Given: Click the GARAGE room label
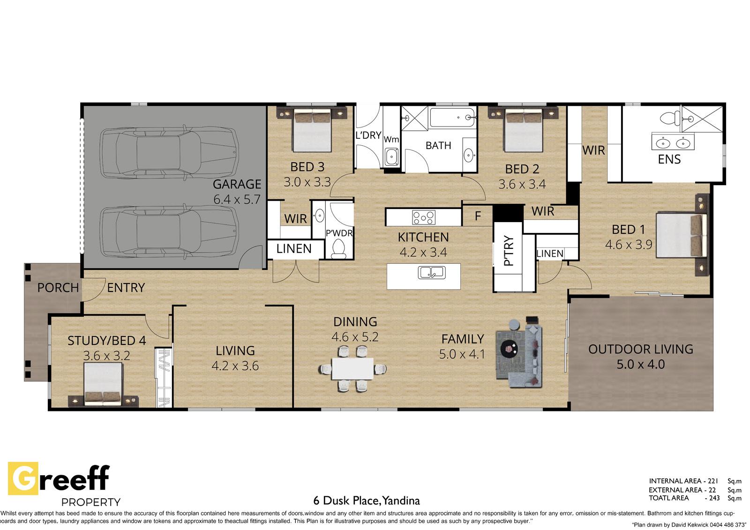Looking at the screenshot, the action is (237, 184).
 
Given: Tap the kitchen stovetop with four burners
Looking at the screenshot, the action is (424, 217).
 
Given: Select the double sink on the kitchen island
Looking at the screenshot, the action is (432, 272).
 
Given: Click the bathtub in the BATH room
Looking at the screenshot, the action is (452, 117).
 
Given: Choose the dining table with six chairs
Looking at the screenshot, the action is (352, 369).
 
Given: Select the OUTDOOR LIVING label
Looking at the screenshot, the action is (640, 349).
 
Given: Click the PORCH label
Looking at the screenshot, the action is (58, 288).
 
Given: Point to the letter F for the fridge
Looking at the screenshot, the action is (478, 216).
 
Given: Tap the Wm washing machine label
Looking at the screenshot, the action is (391, 139).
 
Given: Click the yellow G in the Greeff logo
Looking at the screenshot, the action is (23, 478).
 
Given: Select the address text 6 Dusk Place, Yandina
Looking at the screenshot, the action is (366, 500).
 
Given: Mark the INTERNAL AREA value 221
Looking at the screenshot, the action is (713, 481).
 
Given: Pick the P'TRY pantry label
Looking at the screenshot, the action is (509, 251).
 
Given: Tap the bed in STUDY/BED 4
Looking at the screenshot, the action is (103, 384).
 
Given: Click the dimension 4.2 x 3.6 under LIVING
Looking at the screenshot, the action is (235, 366).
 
